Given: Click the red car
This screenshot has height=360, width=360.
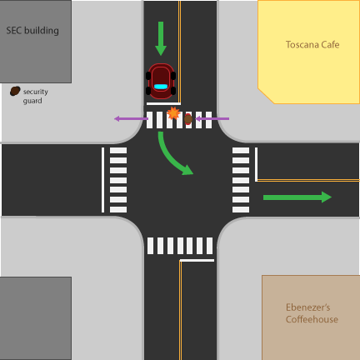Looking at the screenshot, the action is click(x=161, y=81).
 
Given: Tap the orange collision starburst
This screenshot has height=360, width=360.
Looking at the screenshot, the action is click(x=173, y=113).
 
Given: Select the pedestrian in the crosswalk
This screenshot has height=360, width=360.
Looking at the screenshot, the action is click(x=188, y=119).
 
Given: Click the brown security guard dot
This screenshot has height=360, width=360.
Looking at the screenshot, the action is click(x=15, y=91).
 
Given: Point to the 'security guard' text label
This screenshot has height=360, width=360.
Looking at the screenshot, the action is click(x=35, y=96).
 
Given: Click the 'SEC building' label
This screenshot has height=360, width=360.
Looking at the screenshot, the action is click(x=32, y=30).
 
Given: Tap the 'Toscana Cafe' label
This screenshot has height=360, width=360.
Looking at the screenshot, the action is click(x=312, y=45).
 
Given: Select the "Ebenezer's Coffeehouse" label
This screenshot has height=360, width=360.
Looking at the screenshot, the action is click(x=312, y=313).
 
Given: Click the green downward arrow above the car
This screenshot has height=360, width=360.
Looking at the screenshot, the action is click(x=161, y=38).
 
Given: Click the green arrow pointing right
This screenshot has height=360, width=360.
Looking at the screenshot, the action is click(x=297, y=197).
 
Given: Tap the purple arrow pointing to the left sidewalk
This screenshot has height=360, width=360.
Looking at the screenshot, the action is click(x=131, y=119).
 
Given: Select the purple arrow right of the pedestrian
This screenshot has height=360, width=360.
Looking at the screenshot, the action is click(x=212, y=119).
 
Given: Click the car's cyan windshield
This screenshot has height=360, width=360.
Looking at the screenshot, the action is click(x=161, y=87).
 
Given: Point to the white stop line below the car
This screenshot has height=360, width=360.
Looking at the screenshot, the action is click(x=163, y=104).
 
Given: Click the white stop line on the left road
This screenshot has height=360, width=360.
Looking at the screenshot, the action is click(x=103, y=180).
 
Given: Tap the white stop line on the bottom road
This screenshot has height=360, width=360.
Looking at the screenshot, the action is click(x=197, y=260).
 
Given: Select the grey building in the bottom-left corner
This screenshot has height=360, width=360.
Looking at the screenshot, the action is click(x=36, y=318).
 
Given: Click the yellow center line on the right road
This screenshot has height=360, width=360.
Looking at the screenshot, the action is click(x=308, y=181).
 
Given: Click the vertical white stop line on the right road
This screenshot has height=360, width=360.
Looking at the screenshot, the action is click(x=256, y=164).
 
